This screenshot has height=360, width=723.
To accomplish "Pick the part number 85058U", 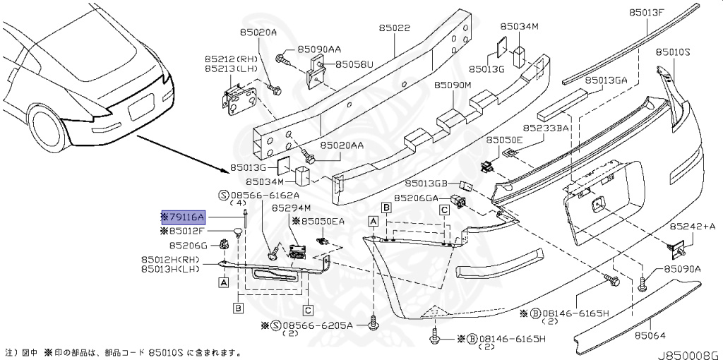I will pos(354,64).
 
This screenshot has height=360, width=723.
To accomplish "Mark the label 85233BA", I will pos(546,128).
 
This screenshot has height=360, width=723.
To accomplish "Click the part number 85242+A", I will pos(692,226).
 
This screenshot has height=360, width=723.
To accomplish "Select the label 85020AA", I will pos(342,145).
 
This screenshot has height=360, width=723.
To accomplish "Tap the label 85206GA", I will pos(417,198).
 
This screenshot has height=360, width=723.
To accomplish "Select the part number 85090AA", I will pos(319,49).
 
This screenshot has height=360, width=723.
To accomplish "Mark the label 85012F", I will pos(186,231).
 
